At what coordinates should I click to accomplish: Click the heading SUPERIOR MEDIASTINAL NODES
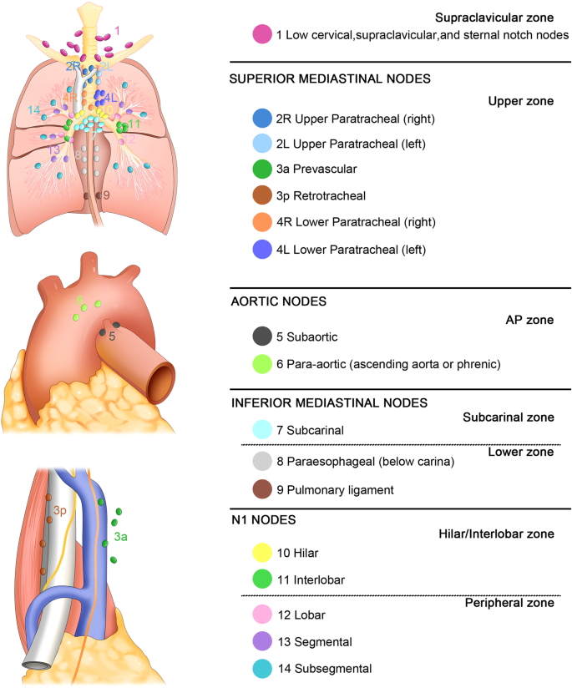(329, 78)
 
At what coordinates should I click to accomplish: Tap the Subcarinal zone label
(509, 416)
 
